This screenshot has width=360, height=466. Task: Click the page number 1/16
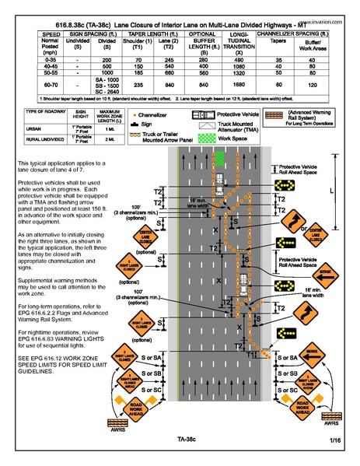[x=335, y=441]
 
